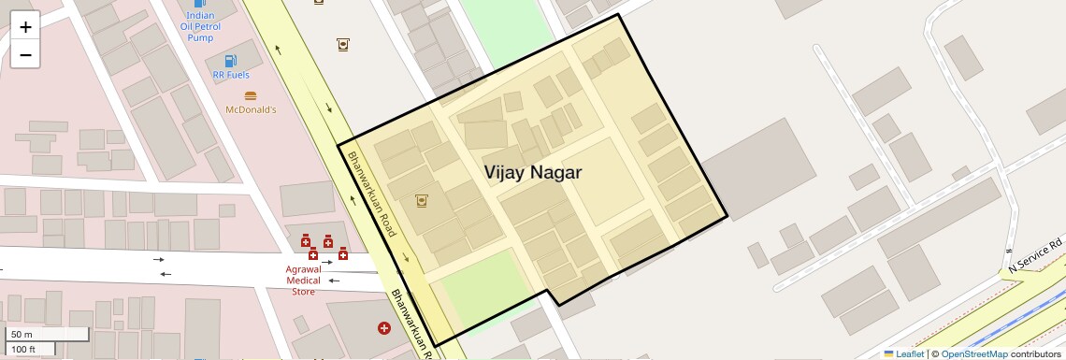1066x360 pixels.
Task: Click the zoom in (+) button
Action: pyautogui.click(x=25, y=27)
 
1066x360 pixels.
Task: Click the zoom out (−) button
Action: pyautogui.click(x=25, y=54)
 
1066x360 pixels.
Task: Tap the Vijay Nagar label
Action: pyautogui.click(x=533, y=173)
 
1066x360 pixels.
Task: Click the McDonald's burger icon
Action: pyautogui.click(x=250, y=95)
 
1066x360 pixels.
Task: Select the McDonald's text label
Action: pyautogui.click(x=251, y=109)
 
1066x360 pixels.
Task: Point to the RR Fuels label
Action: pyautogui.click(x=231, y=75)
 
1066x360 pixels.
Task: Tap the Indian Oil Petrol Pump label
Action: pyautogui.click(x=200, y=26)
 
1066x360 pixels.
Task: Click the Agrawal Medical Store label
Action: pyautogui.click(x=303, y=280)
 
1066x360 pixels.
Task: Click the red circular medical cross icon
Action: pyautogui.click(x=383, y=327)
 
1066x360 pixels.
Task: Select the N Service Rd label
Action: pyautogui.click(x=1036, y=256)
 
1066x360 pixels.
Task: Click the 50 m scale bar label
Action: pyautogui.click(x=22, y=334)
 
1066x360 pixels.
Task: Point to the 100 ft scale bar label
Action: pyautogui.click(x=23, y=350)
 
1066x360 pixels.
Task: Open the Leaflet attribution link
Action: pyautogui.click(x=910, y=354)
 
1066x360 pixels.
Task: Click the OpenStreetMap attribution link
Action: pyautogui.click(x=973, y=354)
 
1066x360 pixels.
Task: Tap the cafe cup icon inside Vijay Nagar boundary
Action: pyautogui.click(x=422, y=200)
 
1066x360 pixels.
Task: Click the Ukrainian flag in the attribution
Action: pyautogui.click(x=889, y=354)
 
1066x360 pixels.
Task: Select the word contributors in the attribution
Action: pyautogui.click(x=1035, y=354)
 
